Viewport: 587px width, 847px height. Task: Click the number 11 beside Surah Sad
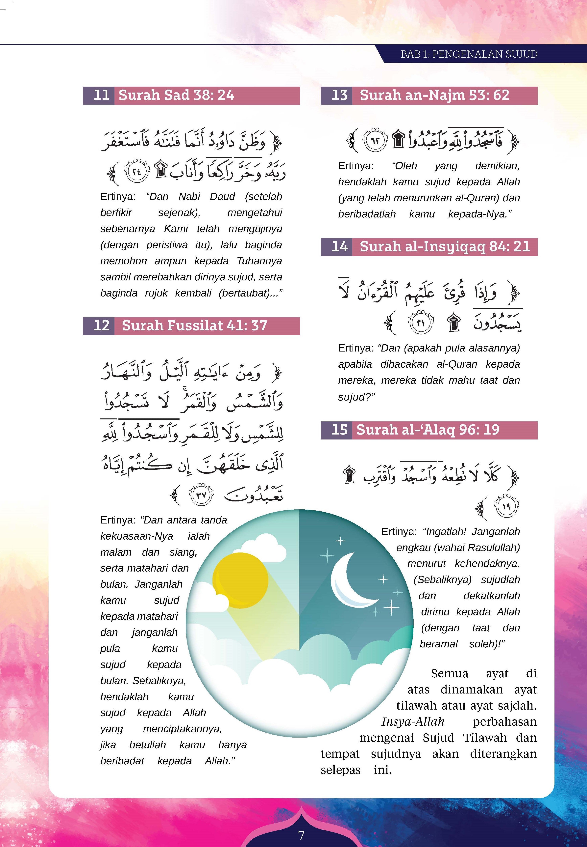(102, 95)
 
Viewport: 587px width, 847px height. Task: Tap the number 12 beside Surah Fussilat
(102, 325)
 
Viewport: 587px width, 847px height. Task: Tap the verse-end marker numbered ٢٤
(137, 172)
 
